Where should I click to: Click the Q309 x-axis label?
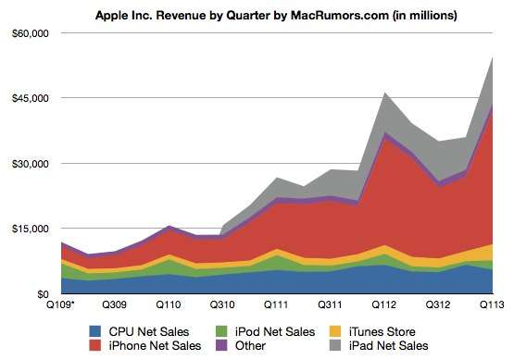pyautogui.click(x=115, y=304)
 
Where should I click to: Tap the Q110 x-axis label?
pyautogui.click(x=168, y=304)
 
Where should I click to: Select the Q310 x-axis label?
pyautogui.click(x=222, y=304)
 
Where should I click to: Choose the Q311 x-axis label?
pyautogui.click(x=330, y=304)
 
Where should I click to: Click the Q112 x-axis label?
pyautogui.click(x=383, y=304)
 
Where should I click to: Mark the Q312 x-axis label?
pyautogui.click(x=437, y=304)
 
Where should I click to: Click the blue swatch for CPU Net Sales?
pyautogui.click(x=95, y=330)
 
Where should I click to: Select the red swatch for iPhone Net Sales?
pyautogui.click(x=95, y=346)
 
